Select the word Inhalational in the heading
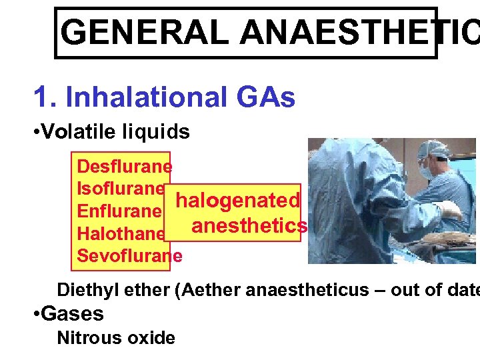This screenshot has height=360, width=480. (x=147, y=98)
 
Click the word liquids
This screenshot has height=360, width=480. (x=156, y=132)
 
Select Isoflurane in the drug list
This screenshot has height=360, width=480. (x=121, y=188)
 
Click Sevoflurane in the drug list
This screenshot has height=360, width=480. (x=129, y=256)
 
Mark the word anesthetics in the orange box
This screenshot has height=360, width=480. (x=249, y=226)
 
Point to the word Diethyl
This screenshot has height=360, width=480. (x=85, y=290)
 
